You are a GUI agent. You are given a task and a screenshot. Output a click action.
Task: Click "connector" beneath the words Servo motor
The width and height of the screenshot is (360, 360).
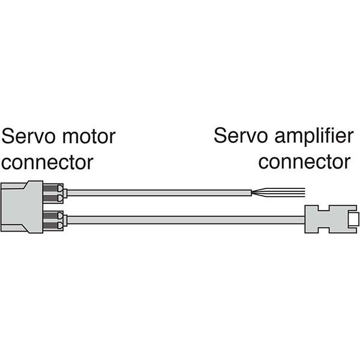click(48, 162)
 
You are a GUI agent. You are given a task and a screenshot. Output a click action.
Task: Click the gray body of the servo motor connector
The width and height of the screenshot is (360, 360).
click(22, 206)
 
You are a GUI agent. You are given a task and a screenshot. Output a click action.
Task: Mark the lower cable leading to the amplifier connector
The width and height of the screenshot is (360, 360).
click(180, 220)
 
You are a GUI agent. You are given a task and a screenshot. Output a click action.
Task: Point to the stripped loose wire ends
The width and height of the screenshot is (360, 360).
click(282, 193)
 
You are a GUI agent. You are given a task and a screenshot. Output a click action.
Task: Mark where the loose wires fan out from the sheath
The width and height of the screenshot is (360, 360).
click(255, 193)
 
